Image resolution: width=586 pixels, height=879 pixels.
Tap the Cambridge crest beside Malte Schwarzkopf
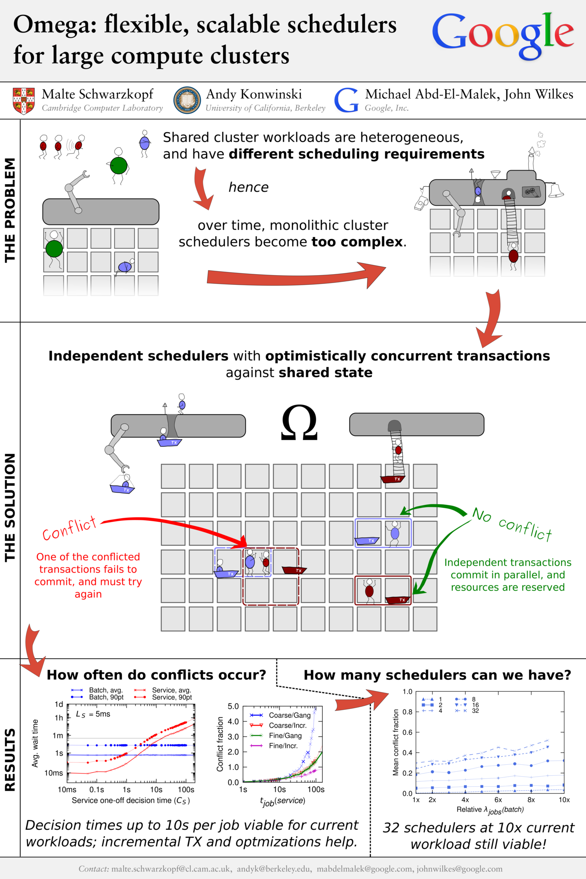24,101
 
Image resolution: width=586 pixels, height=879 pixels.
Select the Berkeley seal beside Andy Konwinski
187,100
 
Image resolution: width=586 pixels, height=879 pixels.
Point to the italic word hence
248,187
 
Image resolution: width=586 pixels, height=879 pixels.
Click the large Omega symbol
299,422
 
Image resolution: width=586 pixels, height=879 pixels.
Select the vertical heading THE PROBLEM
10,210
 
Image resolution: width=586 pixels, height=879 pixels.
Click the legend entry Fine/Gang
285,736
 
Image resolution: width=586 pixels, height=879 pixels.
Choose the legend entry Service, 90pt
172,697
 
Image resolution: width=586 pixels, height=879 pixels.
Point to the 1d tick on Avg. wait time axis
59,704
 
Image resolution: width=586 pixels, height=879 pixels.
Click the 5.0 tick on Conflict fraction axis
233,706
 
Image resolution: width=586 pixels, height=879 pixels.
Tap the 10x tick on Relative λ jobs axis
564,800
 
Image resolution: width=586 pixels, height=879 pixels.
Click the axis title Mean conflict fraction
396,742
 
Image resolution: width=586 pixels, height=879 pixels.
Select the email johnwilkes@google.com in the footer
459,869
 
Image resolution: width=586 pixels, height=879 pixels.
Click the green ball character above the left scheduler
118,165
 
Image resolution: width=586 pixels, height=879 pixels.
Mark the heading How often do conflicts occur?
156,675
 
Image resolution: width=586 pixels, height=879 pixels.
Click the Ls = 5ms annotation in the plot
93,714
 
